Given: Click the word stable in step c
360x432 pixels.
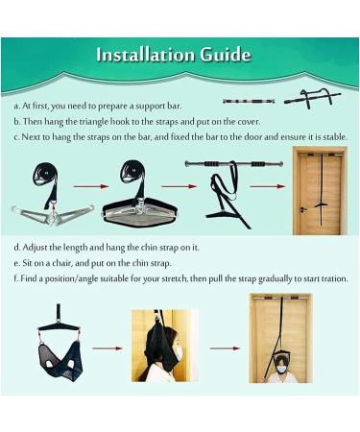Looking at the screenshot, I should click(x=330, y=136).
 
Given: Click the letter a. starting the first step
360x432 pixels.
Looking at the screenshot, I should click(x=17, y=106).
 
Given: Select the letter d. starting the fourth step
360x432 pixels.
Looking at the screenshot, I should click(x=17, y=246).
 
